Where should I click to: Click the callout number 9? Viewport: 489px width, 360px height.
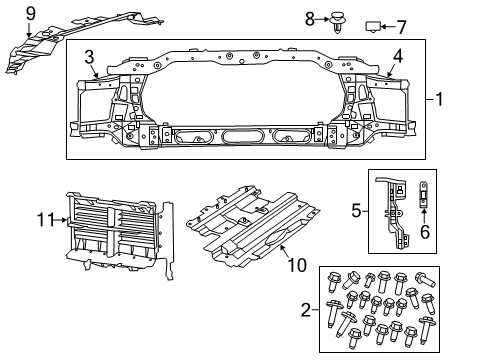30,13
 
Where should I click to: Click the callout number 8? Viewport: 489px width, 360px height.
309,18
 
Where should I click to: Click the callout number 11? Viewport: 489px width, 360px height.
44,221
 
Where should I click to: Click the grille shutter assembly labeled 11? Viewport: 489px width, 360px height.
115,237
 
